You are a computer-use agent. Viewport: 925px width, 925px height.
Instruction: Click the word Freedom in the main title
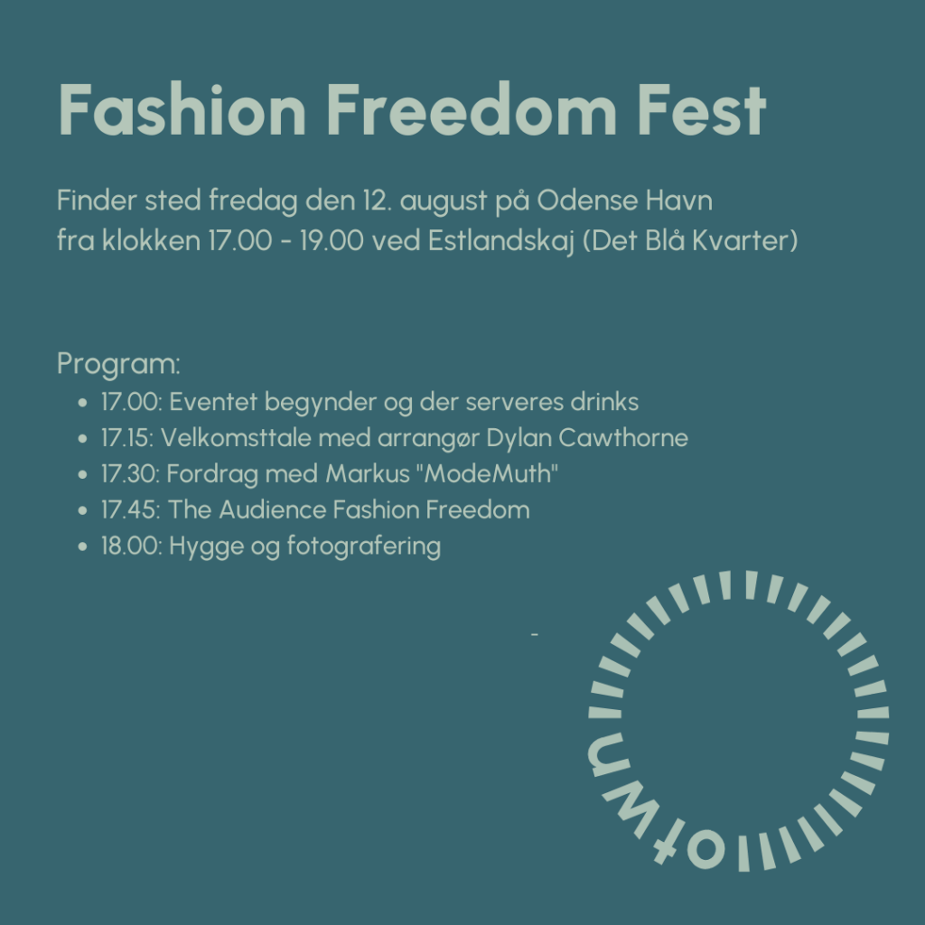point(471,109)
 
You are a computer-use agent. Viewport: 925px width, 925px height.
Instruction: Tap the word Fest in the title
point(702,110)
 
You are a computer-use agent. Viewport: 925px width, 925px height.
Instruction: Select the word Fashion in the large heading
point(182,109)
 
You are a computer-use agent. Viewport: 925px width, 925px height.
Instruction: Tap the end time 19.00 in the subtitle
point(332,240)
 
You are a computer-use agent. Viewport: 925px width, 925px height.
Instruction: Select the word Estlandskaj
point(500,241)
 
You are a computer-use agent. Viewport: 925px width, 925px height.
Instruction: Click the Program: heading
point(118,363)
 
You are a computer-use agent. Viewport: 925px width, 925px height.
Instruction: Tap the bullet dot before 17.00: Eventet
point(82,403)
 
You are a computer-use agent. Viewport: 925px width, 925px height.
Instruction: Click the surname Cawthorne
point(623,438)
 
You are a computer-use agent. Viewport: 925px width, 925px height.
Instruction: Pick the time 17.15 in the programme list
point(126,438)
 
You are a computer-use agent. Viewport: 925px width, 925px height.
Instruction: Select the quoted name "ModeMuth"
point(487,473)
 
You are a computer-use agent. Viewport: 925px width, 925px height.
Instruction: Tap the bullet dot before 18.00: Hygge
point(82,547)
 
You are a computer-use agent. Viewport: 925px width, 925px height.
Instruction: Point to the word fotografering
point(364,547)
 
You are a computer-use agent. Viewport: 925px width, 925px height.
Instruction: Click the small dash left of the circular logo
point(535,635)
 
